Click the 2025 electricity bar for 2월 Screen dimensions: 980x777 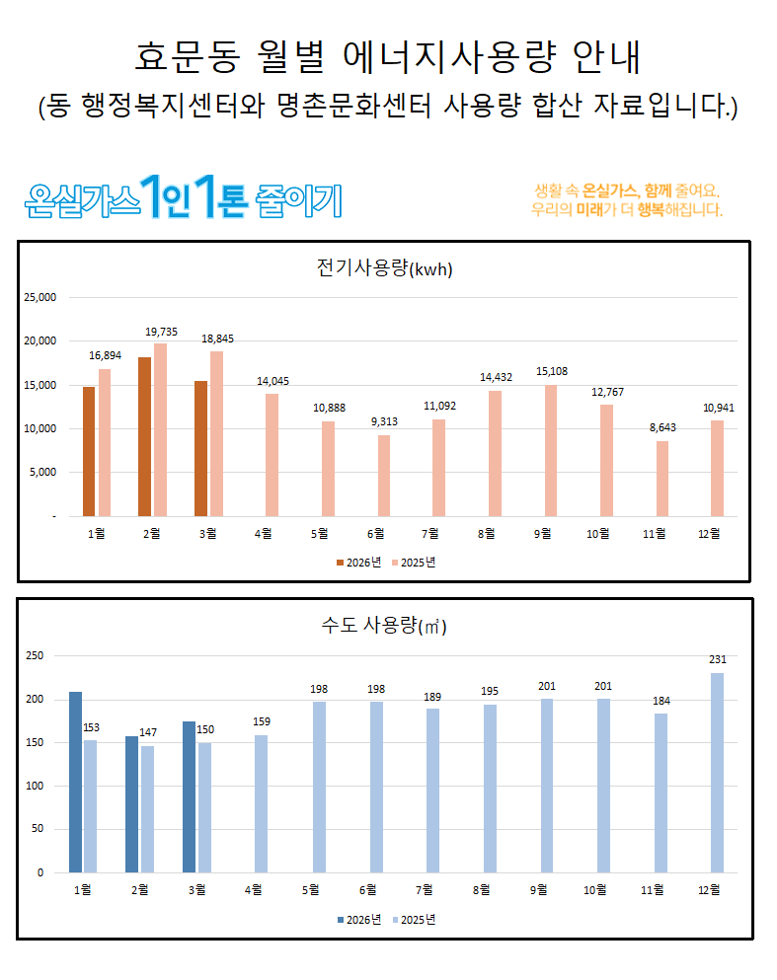(160, 430)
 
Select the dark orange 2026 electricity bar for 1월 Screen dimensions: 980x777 (89, 451)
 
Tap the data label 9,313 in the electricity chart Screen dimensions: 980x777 (384, 422)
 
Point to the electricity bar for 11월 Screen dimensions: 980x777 (661, 479)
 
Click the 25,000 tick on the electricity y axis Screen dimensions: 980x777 (41, 297)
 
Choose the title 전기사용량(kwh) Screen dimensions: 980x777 (384, 268)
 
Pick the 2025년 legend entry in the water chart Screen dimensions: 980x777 (415, 919)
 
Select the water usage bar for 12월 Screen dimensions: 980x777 (718, 773)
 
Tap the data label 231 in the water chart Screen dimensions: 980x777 (718, 659)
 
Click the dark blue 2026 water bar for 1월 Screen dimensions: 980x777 (75, 782)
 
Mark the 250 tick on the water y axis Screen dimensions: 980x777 (35, 655)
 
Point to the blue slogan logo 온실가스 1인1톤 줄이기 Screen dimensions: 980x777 (184, 197)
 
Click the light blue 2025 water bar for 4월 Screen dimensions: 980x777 (261, 803)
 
